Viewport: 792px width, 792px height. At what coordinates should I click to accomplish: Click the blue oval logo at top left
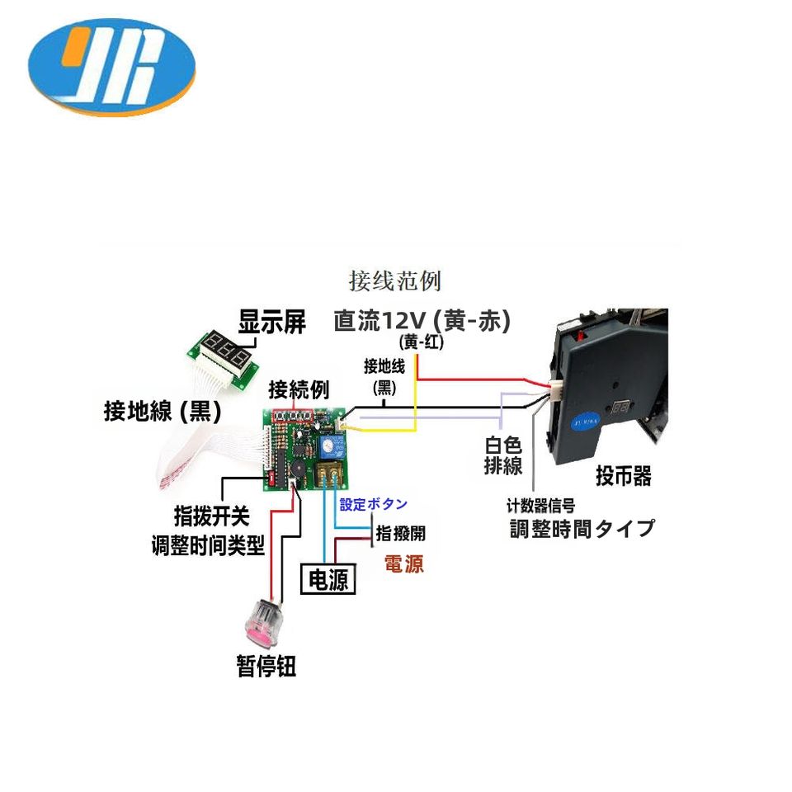(x=111, y=70)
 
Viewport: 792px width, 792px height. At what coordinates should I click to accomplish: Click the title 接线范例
(x=394, y=280)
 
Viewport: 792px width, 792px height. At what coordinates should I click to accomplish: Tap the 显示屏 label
(x=272, y=322)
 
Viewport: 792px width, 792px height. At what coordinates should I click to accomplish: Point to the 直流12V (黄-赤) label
(x=422, y=320)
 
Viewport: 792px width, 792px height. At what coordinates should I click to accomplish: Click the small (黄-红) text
(x=421, y=342)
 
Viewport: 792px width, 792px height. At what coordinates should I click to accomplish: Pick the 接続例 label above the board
(x=299, y=389)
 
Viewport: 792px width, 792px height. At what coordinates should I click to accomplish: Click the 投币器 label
(x=624, y=476)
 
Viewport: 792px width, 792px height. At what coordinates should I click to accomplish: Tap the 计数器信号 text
(x=541, y=505)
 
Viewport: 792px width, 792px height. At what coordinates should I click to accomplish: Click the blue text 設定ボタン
(x=374, y=505)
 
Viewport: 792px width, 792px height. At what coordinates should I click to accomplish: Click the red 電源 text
(x=403, y=565)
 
